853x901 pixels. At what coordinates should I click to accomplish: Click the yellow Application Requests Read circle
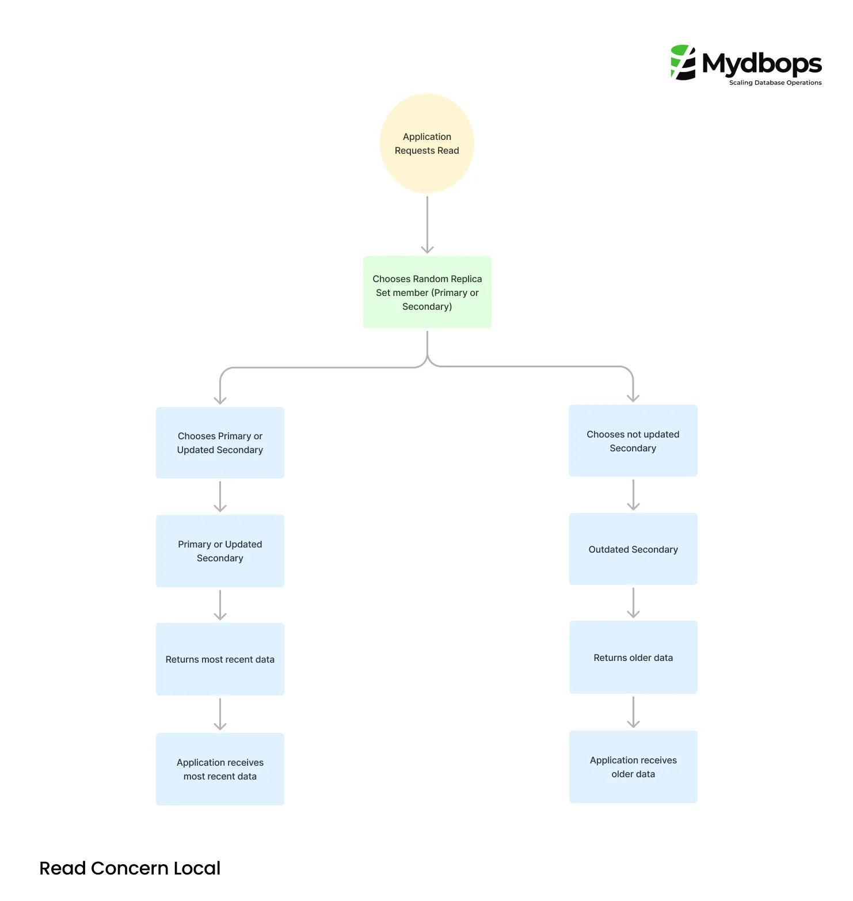click(x=427, y=143)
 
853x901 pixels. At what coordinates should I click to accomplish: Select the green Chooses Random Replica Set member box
click(x=427, y=292)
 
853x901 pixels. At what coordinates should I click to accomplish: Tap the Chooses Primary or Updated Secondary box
click(x=220, y=443)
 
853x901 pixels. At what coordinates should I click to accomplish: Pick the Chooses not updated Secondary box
click(x=633, y=441)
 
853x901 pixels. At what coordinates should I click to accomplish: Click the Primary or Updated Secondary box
click(x=220, y=551)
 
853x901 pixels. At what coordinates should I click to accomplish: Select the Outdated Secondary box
click(x=633, y=549)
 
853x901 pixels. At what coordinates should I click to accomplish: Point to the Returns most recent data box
click(x=220, y=659)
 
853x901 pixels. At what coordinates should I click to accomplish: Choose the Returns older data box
click(x=633, y=657)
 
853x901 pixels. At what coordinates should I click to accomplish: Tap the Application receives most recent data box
click(x=220, y=769)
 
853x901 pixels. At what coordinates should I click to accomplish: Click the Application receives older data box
click(x=633, y=767)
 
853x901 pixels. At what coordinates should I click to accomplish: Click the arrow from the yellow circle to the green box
click(x=427, y=225)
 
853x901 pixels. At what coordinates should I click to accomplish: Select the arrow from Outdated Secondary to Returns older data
click(x=633, y=603)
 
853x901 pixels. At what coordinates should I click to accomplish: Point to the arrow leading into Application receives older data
click(x=633, y=712)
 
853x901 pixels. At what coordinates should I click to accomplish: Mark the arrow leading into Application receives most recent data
click(x=220, y=714)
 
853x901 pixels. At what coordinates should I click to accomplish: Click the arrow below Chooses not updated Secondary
click(x=633, y=495)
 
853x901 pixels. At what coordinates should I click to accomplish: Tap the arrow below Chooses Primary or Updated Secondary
click(x=220, y=496)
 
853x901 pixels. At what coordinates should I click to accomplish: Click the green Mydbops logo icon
click(x=683, y=62)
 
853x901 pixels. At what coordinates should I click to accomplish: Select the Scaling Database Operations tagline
click(x=775, y=83)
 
